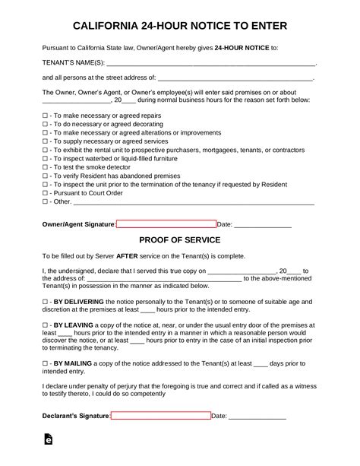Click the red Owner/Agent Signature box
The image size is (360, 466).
(x=166, y=224)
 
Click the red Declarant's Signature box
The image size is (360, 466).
(x=160, y=416)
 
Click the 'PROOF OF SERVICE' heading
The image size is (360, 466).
(x=180, y=239)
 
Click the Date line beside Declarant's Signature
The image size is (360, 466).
(x=257, y=417)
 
